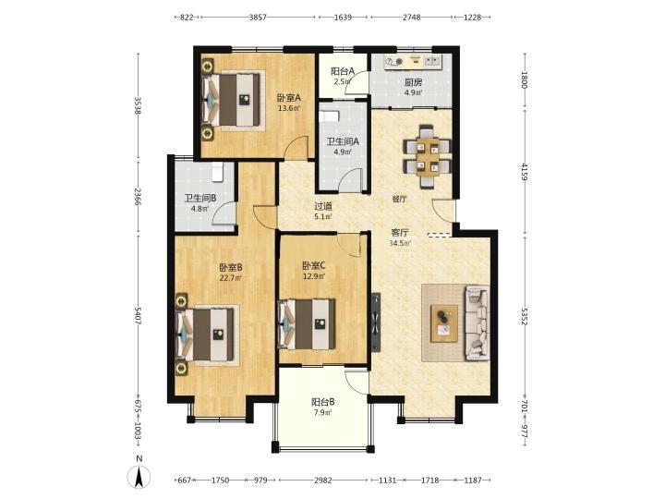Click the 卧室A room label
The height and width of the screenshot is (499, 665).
point(289,98)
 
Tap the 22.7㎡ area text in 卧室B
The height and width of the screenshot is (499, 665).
point(230,278)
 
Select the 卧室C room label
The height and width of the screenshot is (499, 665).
point(314,266)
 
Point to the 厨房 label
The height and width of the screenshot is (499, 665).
point(413,82)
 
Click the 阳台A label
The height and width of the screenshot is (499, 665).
point(343,71)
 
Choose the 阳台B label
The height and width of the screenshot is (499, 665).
point(323,401)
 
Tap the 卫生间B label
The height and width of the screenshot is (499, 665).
point(200,198)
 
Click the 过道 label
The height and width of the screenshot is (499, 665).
point(322,207)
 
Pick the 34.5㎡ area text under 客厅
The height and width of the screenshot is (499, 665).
point(400,243)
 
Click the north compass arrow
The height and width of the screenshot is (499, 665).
point(139,476)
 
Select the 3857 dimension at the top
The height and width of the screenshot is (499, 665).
point(258,17)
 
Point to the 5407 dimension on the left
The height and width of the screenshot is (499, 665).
point(138,316)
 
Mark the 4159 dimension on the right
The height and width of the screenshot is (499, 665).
point(525,172)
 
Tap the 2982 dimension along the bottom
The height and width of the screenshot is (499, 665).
point(323,481)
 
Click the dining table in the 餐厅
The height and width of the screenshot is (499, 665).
point(428,156)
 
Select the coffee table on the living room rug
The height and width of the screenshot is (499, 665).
point(444,323)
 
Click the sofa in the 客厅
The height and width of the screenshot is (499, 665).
point(478,323)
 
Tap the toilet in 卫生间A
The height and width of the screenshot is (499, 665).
point(330,116)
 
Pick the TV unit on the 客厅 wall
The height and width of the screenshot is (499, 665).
point(376,323)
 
